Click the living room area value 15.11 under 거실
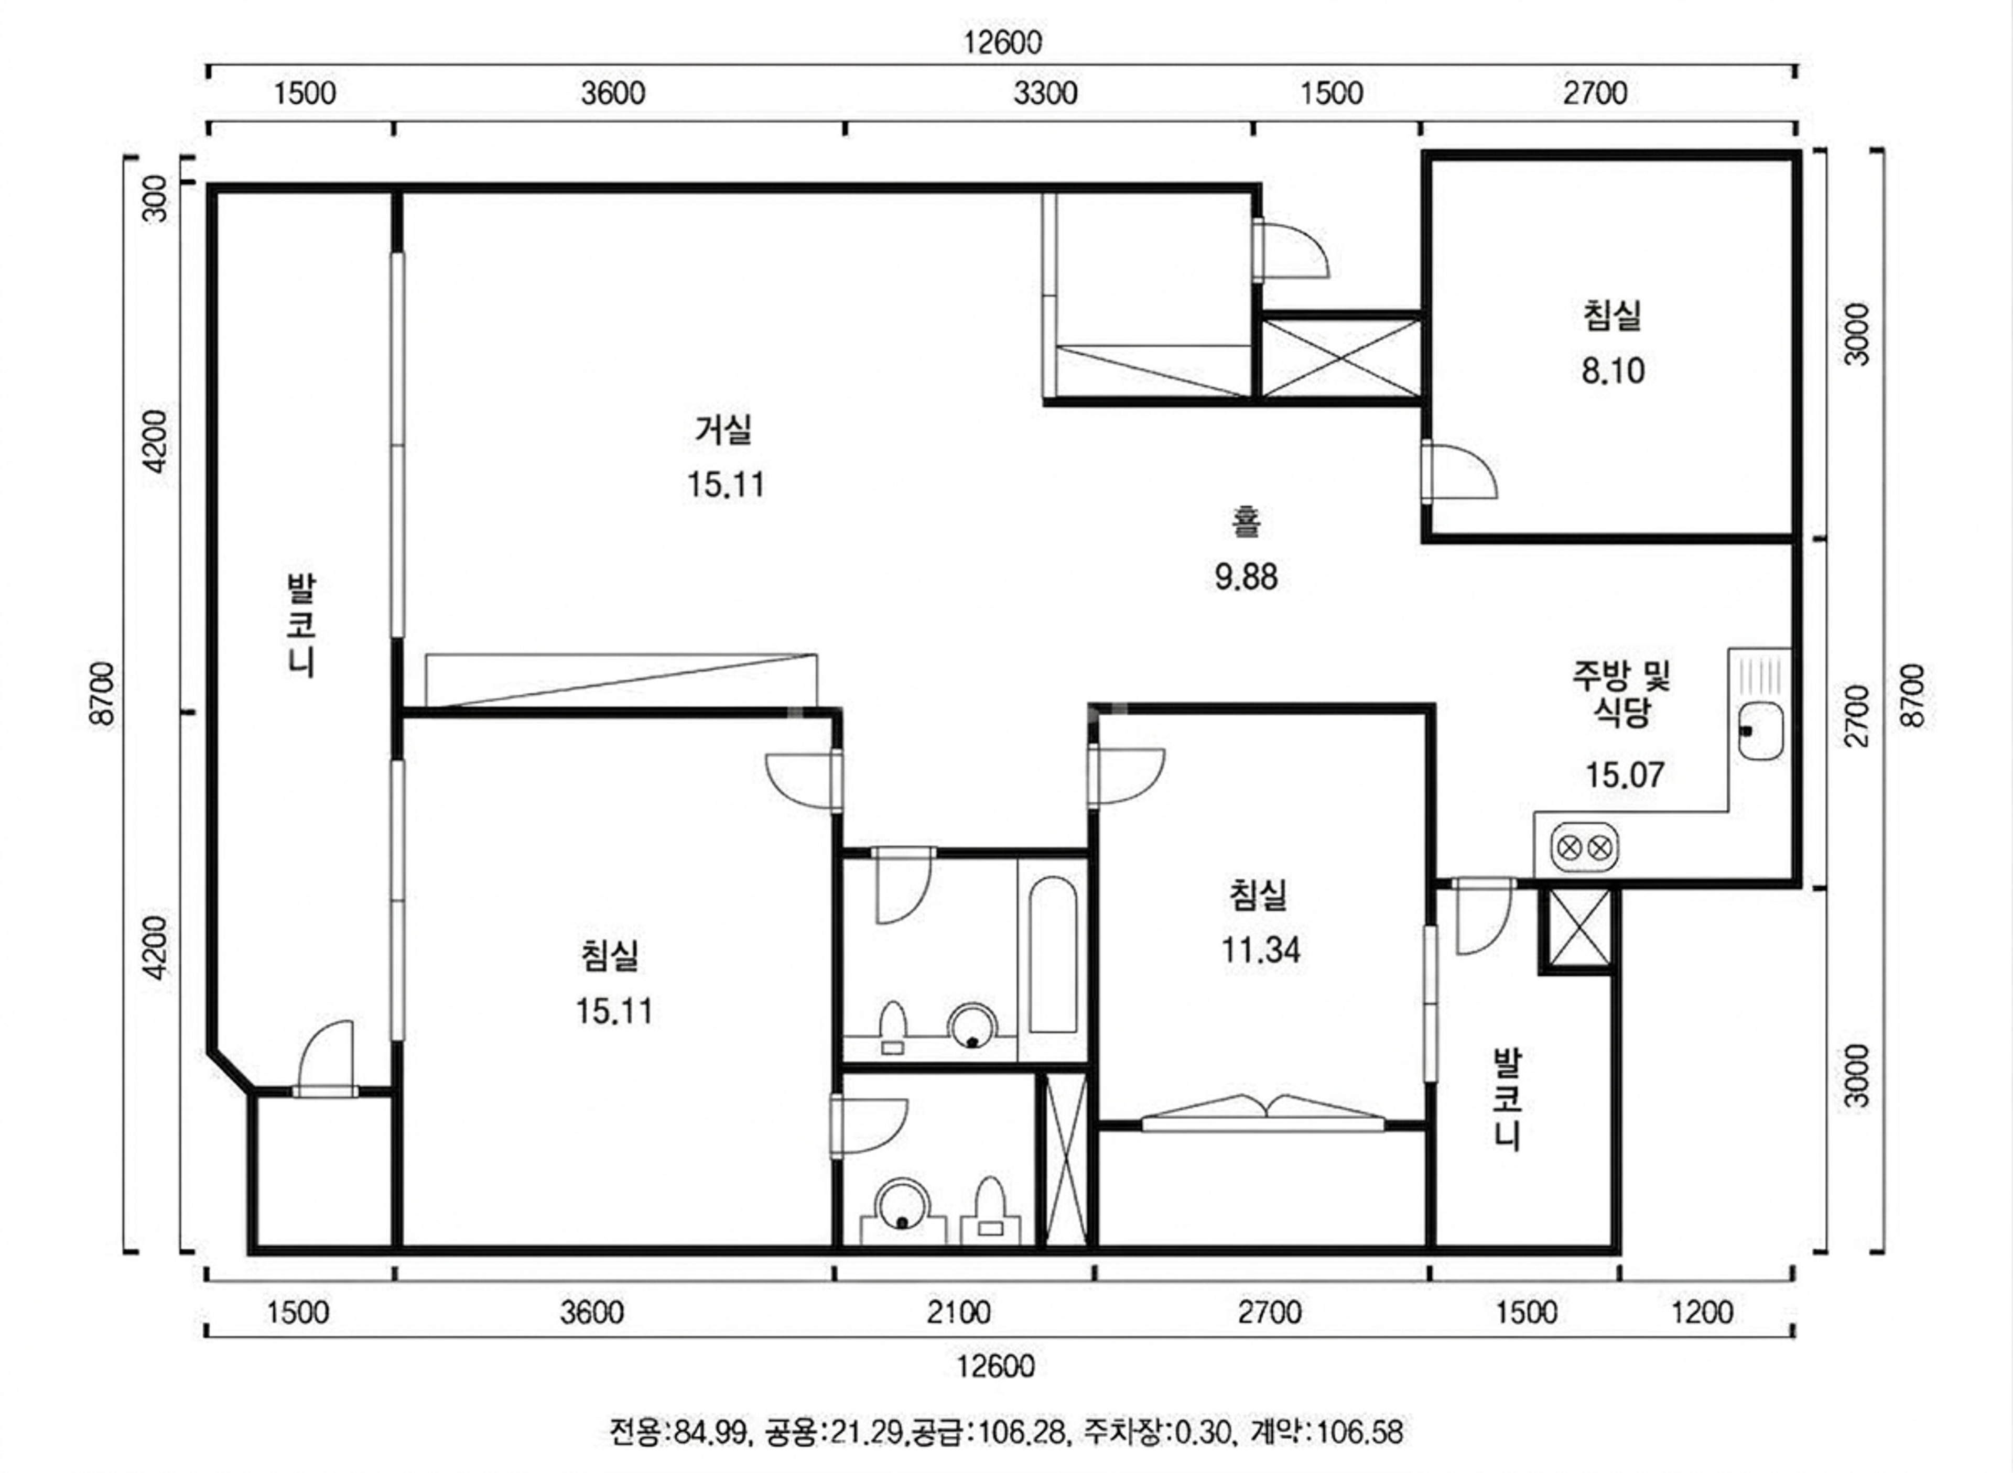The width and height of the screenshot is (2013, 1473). pos(725,485)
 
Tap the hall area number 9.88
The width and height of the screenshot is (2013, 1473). pos(1246,577)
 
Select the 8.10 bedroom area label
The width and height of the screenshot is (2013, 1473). pos(1612,370)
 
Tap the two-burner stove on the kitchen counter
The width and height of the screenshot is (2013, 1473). pos(1585,847)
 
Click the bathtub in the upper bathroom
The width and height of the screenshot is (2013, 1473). pos(1053,954)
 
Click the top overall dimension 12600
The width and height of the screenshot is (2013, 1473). pos(1002,42)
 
